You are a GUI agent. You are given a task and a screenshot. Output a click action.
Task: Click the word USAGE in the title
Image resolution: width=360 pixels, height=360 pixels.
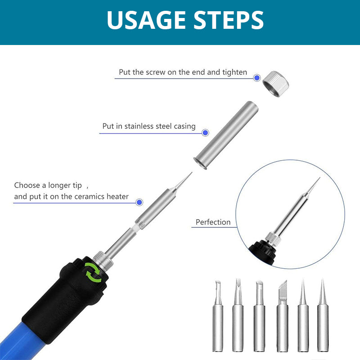click(146, 20)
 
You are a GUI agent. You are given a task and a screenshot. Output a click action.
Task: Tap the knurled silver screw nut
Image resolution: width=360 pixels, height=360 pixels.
click(275, 84)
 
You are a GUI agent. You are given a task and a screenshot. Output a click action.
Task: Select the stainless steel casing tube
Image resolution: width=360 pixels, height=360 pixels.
click(226, 135)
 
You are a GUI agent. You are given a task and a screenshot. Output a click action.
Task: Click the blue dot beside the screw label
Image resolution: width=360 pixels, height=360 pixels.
click(257, 78)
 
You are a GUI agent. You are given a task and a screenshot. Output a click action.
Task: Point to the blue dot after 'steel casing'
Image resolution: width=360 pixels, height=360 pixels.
click(205, 132)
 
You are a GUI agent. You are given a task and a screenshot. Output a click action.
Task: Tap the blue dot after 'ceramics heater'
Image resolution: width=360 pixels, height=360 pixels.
click(139, 202)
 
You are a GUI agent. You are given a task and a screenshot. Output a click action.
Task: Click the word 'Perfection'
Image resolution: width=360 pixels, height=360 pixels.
click(213, 222)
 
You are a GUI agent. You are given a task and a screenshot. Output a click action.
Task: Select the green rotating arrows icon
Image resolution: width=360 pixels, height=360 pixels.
click(93, 272)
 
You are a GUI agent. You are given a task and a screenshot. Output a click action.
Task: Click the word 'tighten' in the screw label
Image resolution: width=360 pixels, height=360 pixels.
click(234, 72)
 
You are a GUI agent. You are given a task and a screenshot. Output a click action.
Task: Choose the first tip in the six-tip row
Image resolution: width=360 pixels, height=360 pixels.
click(218, 316)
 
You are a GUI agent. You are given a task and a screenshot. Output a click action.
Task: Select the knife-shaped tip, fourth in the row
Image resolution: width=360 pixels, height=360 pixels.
click(283, 316)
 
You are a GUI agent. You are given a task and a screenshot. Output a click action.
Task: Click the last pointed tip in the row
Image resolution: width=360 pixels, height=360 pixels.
click(323, 315)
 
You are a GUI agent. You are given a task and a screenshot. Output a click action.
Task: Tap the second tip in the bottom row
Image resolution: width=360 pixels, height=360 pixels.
click(238, 315)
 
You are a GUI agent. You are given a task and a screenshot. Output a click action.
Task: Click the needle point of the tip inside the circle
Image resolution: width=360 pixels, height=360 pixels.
click(319, 178)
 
